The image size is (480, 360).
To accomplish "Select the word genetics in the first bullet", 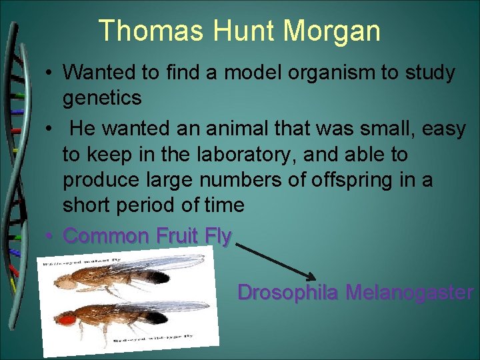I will tap(102, 98).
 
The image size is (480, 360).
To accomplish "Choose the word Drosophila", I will tap(287, 293).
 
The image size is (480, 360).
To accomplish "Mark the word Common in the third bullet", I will tap(105, 235).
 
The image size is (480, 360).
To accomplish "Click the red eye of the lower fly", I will tap(66, 319).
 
